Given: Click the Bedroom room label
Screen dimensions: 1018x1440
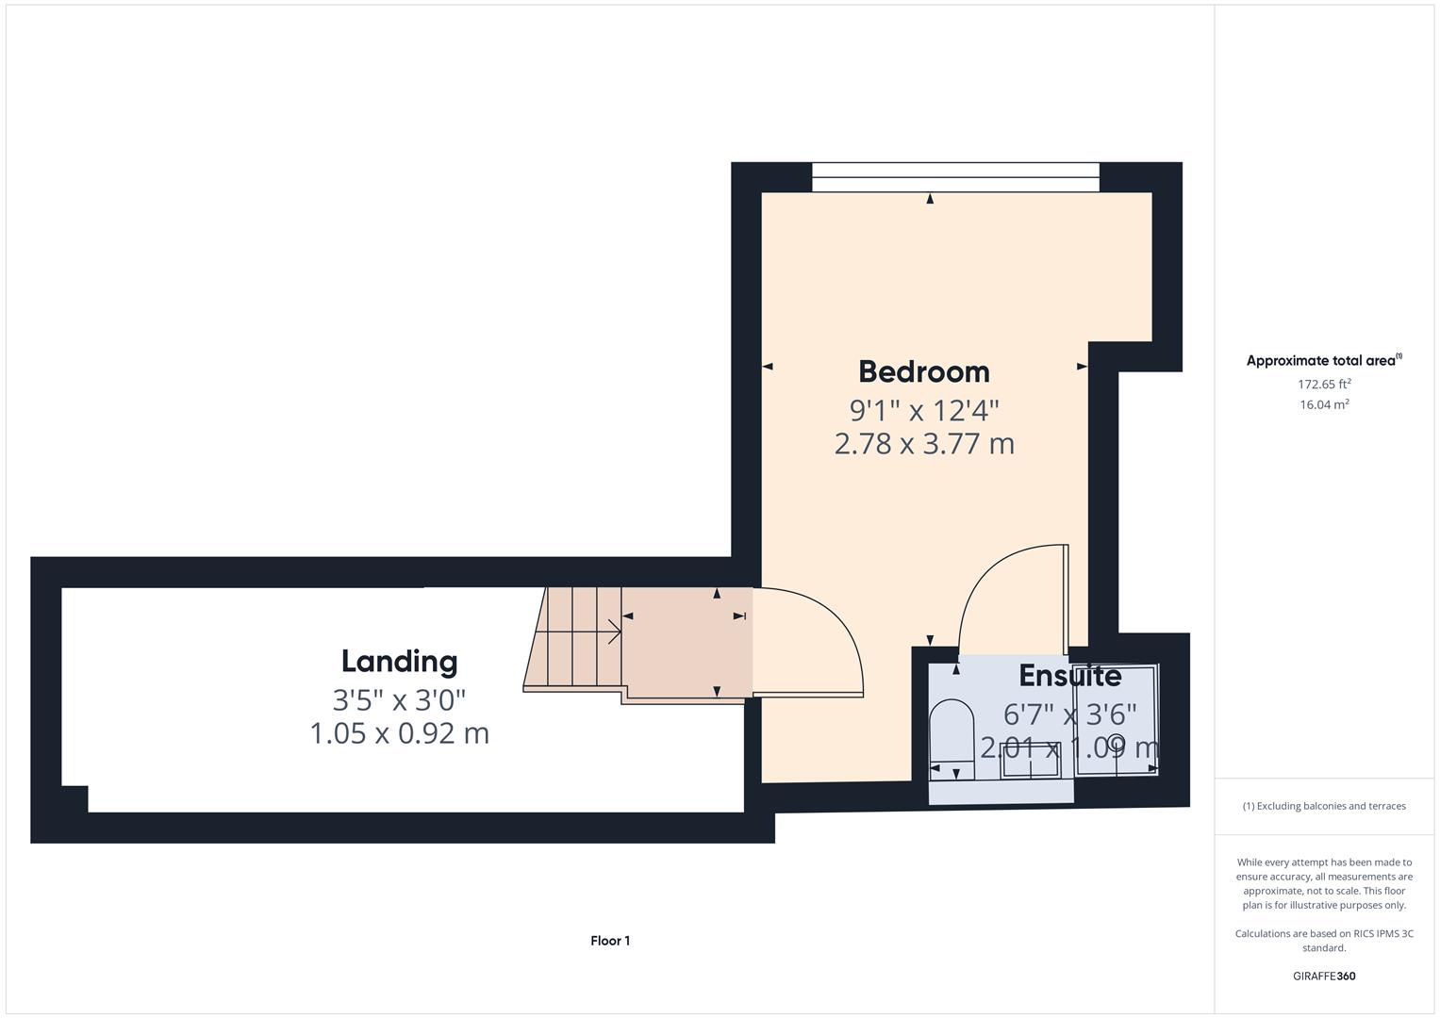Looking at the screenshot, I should point(923,371).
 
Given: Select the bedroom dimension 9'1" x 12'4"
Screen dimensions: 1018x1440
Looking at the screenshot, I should point(923,410).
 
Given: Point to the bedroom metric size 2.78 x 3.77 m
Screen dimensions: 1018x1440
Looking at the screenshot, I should point(923,443).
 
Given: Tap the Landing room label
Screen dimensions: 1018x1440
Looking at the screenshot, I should point(399,661).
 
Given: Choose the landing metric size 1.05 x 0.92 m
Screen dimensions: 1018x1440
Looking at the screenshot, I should point(399,732).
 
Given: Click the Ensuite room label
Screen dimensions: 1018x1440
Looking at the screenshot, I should point(1069,676).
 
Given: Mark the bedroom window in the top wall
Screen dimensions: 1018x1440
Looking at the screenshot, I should point(954,177).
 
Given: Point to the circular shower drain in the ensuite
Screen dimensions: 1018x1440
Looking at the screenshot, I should point(1116,740).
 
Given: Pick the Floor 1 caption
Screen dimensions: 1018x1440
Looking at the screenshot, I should point(610,941).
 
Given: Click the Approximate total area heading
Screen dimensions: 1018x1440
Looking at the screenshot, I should point(1323,361).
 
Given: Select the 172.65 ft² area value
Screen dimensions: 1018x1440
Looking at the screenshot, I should point(1323,384).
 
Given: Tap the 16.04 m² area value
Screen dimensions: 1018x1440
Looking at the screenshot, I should point(1323,404).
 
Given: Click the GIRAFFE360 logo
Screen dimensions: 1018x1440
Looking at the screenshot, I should point(1323,976).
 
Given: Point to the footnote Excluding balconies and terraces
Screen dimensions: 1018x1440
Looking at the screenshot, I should point(1323,806).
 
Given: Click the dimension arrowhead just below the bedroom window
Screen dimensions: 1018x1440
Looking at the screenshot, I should point(930,199).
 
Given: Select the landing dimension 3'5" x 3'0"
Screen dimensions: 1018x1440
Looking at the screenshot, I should point(399,699).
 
